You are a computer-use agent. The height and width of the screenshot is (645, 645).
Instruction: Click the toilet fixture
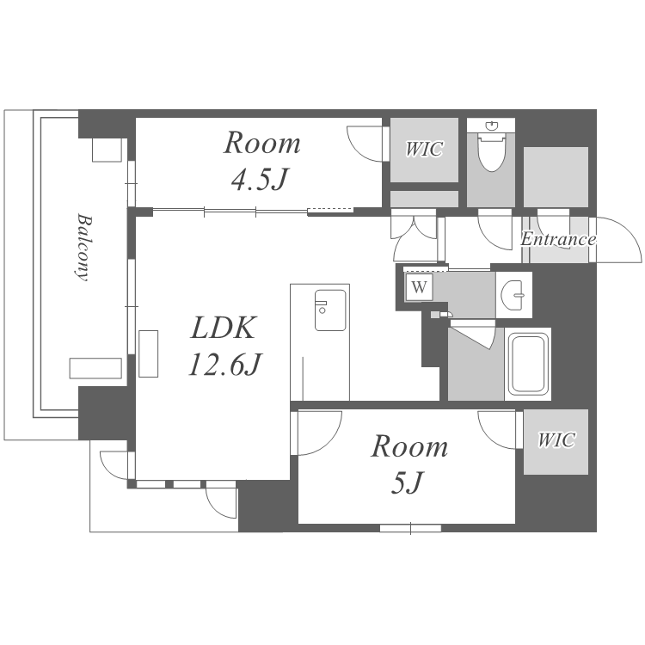pos(491,151)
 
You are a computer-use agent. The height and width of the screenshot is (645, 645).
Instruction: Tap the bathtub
pos(529,365)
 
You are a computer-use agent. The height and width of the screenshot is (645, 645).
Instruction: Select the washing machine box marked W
pos(419,286)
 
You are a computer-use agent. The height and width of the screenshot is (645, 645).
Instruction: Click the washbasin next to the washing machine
pos(513,294)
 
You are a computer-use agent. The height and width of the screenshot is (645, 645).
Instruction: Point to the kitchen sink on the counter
pos(330,310)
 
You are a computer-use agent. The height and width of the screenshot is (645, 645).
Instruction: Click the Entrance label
pos(558,239)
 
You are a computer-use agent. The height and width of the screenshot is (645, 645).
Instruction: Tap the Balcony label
pos(83,247)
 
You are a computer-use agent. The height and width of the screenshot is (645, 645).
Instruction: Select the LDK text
pos(224,328)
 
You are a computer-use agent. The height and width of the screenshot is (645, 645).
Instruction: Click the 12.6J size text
pos(224,365)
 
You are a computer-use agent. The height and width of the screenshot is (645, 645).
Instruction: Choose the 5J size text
pos(407,482)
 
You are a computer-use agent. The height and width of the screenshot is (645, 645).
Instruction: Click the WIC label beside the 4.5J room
pos(424,149)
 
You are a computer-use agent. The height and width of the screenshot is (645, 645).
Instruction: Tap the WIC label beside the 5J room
pos(556,440)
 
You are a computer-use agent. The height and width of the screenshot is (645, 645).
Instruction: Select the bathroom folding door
pos(472,334)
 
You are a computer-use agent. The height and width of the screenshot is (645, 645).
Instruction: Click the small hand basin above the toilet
pos(491,125)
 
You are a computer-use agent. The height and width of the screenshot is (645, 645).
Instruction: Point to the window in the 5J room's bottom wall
pos(410,528)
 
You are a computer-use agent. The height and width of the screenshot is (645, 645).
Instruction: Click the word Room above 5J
pos(409,446)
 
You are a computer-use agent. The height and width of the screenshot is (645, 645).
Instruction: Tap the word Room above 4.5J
pos(261,143)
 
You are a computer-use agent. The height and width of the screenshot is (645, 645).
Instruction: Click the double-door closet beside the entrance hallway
pos(415,235)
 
